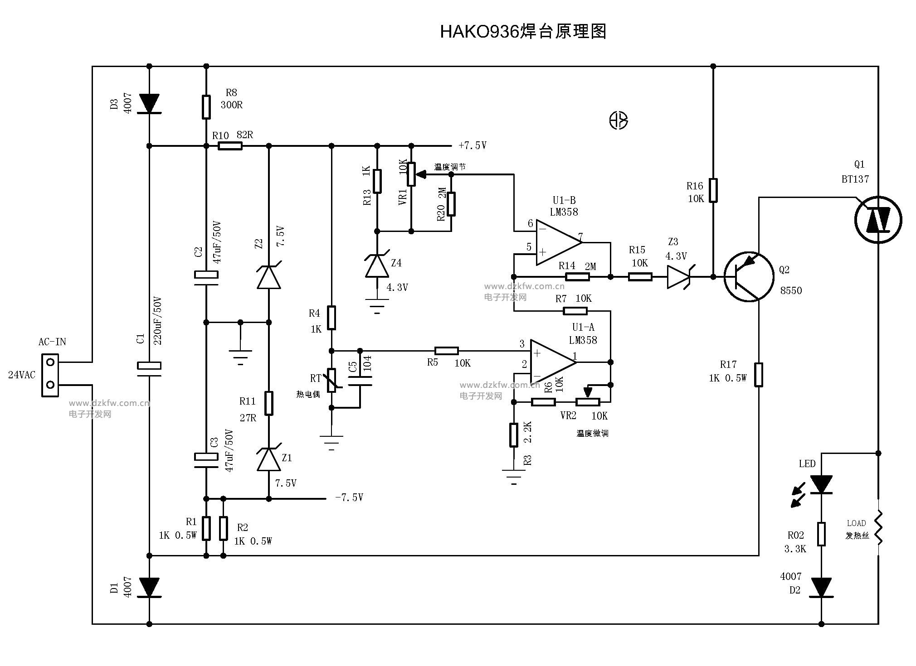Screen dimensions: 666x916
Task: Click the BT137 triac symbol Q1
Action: tap(878, 220)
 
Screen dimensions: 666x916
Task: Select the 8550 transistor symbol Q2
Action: tap(748, 277)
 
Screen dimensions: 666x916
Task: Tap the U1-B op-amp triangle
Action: tap(558, 242)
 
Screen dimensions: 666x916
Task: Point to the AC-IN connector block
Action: tap(50, 375)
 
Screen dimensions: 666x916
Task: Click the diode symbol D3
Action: tap(149, 103)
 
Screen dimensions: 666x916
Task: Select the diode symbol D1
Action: tap(149, 587)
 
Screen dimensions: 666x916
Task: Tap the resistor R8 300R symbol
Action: tap(206, 107)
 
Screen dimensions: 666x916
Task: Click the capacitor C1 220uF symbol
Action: tap(149, 368)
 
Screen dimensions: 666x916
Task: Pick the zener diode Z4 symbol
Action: tap(377, 266)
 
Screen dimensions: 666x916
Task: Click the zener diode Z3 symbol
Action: tap(678, 277)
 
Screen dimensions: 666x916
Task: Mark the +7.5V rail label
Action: tap(473, 145)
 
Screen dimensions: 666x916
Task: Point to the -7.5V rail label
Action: tap(349, 497)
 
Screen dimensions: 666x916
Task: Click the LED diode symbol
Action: tap(821, 484)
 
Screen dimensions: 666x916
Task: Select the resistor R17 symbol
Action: tap(759, 375)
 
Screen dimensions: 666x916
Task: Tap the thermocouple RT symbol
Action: tap(331, 380)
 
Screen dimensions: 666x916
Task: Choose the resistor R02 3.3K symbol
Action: tap(821, 534)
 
